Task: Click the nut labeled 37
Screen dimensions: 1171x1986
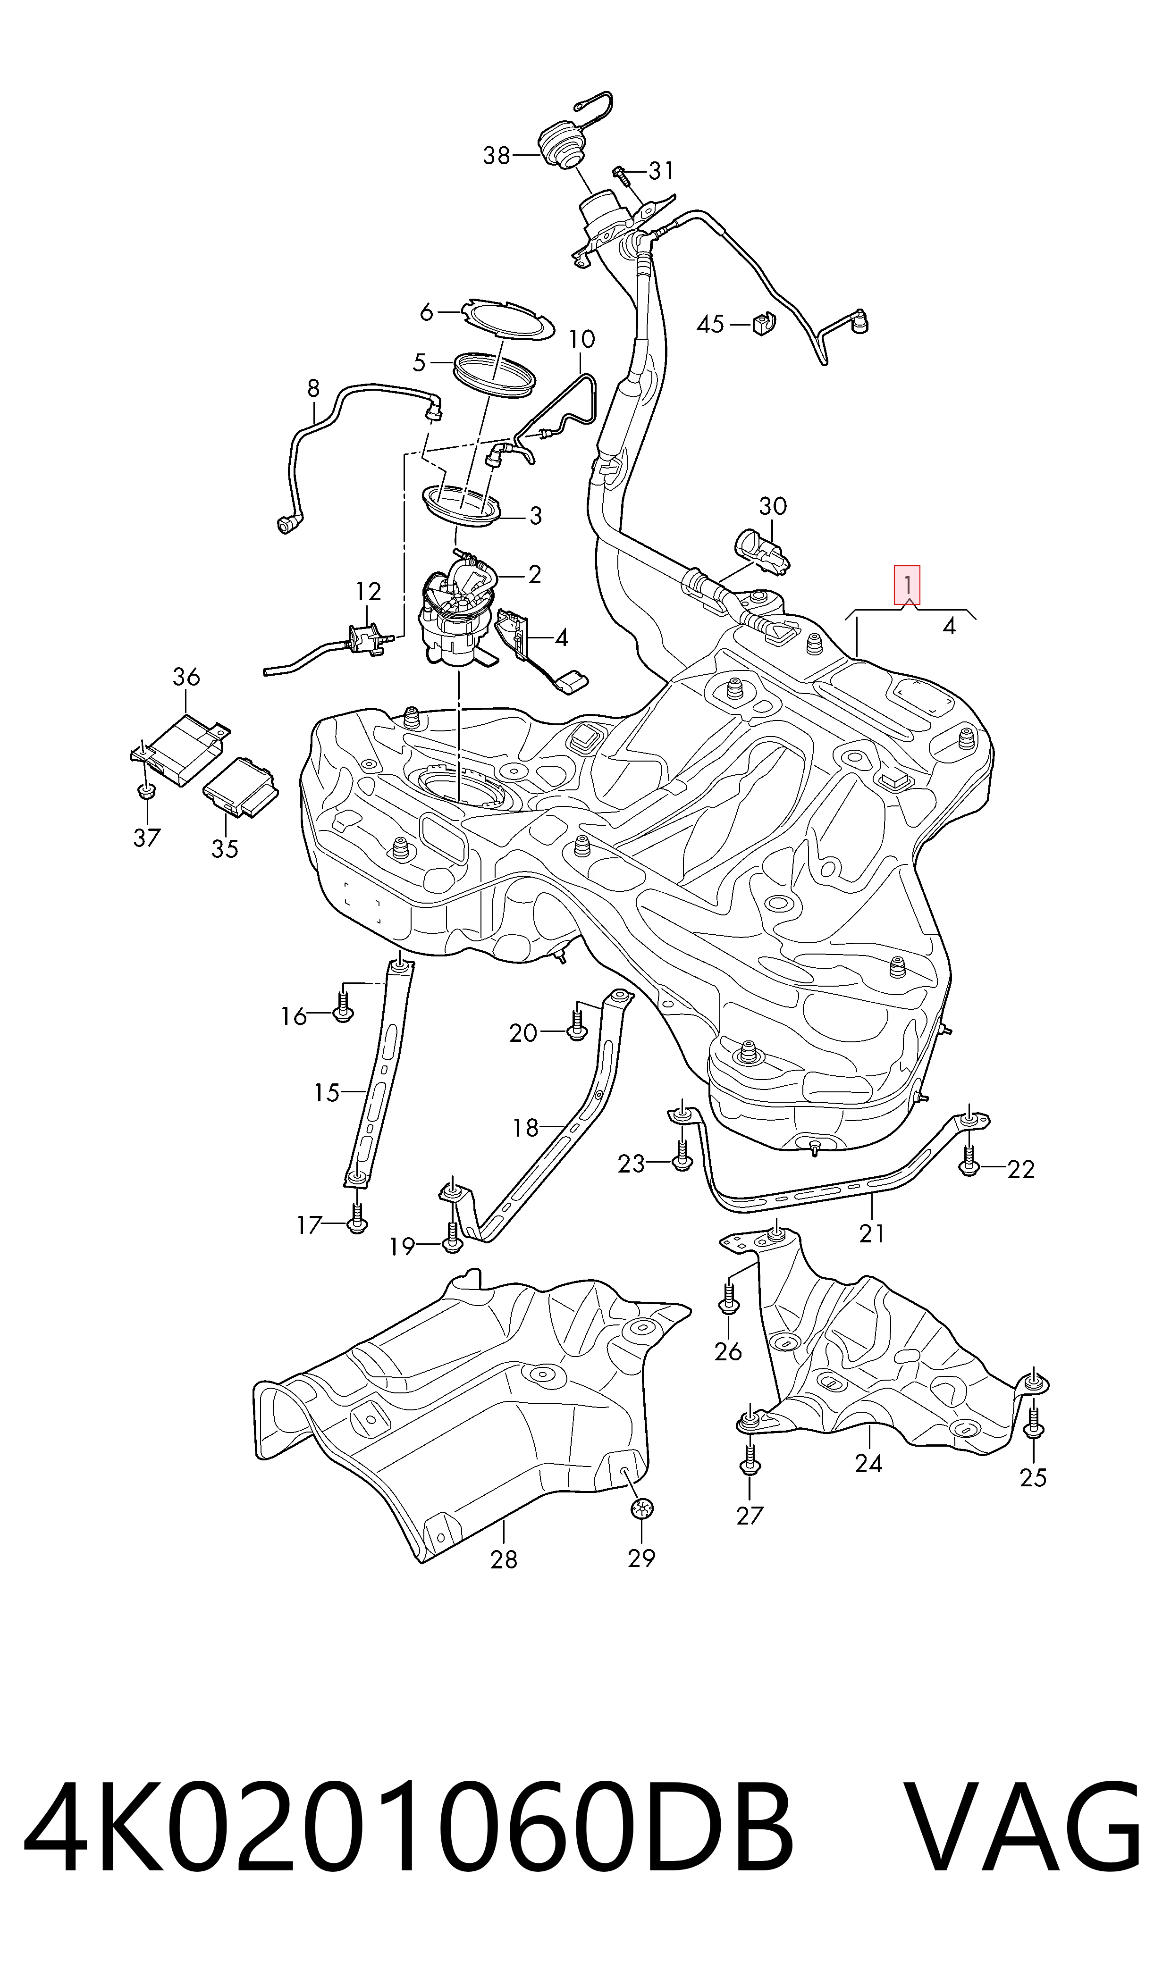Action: point(144,791)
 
